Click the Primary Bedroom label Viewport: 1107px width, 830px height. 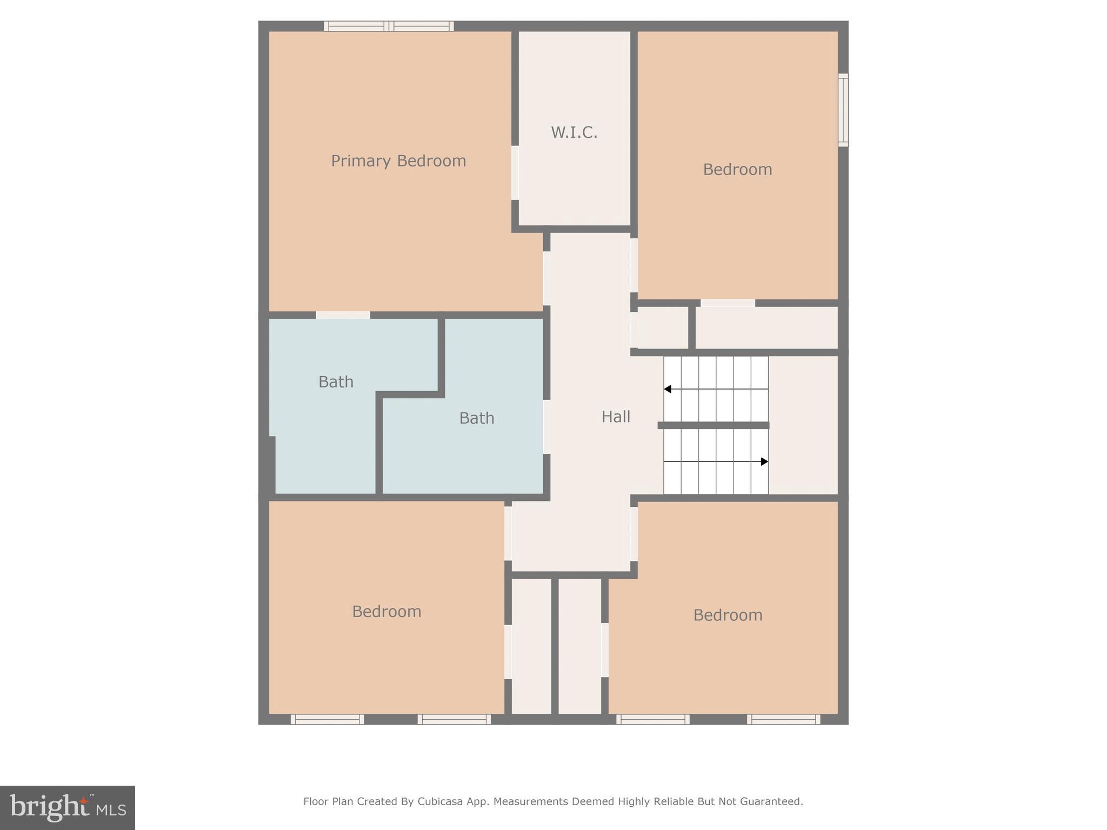[398, 161]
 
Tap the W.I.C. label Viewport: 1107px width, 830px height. [574, 132]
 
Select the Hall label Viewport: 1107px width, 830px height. [616, 417]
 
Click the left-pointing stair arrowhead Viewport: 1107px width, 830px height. [668, 389]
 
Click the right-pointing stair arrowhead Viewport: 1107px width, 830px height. [764, 461]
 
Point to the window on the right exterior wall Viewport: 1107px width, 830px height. [843, 110]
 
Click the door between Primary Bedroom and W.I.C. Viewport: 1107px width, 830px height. [515, 173]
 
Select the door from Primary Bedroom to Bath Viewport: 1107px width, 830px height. [343, 315]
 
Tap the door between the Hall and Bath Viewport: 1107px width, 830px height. [546, 426]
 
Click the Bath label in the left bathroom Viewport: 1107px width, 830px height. [336, 382]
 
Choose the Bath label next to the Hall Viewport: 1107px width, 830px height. [476, 418]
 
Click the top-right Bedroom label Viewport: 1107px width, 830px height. [737, 170]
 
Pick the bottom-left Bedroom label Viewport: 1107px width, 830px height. [386, 612]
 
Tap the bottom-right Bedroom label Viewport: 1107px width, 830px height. [728, 615]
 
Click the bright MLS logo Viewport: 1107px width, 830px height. [68, 808]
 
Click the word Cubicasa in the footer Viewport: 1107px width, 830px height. [439, 802]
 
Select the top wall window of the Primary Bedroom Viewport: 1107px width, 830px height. [389, 26]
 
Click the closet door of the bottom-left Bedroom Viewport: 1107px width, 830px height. [508, 651]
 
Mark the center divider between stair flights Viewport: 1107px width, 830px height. [713, 425]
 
